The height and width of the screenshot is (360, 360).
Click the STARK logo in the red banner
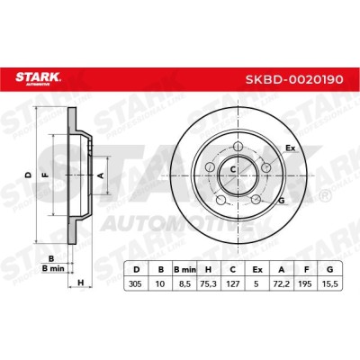click(x=38, y=78)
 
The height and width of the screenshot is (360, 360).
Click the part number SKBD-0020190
click(x=294, y=79)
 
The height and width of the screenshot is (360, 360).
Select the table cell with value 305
click(x=135, y=283)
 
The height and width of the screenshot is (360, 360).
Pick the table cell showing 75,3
click(x=208, y=283)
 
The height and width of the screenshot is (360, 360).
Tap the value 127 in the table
click(x=232, y=283)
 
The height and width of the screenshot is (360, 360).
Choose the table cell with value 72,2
click(x=282, y=283)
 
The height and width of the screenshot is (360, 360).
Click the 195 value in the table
click(x=306, y=283)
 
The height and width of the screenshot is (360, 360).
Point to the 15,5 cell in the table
click(x=329, y=283)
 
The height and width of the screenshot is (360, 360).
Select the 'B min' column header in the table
click(x=184, y=270)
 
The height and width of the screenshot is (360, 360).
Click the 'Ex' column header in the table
click(x=257, y=270)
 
